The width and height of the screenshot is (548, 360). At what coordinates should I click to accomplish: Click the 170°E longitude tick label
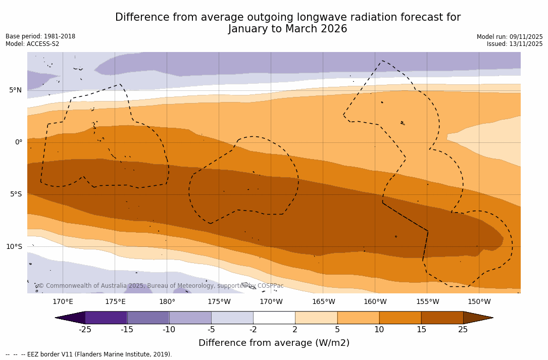point(63,302)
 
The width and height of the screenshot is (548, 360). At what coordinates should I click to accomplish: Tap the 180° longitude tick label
point(167,302)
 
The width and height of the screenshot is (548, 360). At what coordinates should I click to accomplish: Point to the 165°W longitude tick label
point(323,302)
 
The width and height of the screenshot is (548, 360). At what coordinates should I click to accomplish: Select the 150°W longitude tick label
point(479,302)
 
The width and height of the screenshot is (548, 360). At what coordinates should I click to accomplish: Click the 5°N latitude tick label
point(15,90)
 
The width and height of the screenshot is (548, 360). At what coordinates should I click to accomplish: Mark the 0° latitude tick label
point(18,142)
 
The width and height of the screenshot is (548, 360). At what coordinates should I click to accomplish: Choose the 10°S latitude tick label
point(14,247)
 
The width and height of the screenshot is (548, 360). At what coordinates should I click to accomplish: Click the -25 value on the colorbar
point(85,330)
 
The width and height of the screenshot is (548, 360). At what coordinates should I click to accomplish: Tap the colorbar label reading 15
point(421,330)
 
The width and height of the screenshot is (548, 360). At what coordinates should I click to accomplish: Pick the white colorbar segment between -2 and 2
point(274,318)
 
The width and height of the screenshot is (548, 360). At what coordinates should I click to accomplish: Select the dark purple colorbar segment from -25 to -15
point(106,318)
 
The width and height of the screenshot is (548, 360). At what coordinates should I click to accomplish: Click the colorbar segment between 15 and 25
point(442,318)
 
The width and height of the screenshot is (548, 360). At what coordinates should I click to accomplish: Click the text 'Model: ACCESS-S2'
point(32,44)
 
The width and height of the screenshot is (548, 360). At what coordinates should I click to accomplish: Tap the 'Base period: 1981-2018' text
point(40,36)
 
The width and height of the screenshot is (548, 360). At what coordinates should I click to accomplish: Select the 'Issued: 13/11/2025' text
point(515,44)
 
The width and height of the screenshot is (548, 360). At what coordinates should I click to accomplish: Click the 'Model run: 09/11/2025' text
point(510,37)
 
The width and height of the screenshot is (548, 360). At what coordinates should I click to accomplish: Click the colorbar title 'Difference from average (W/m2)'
point(274,343)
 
